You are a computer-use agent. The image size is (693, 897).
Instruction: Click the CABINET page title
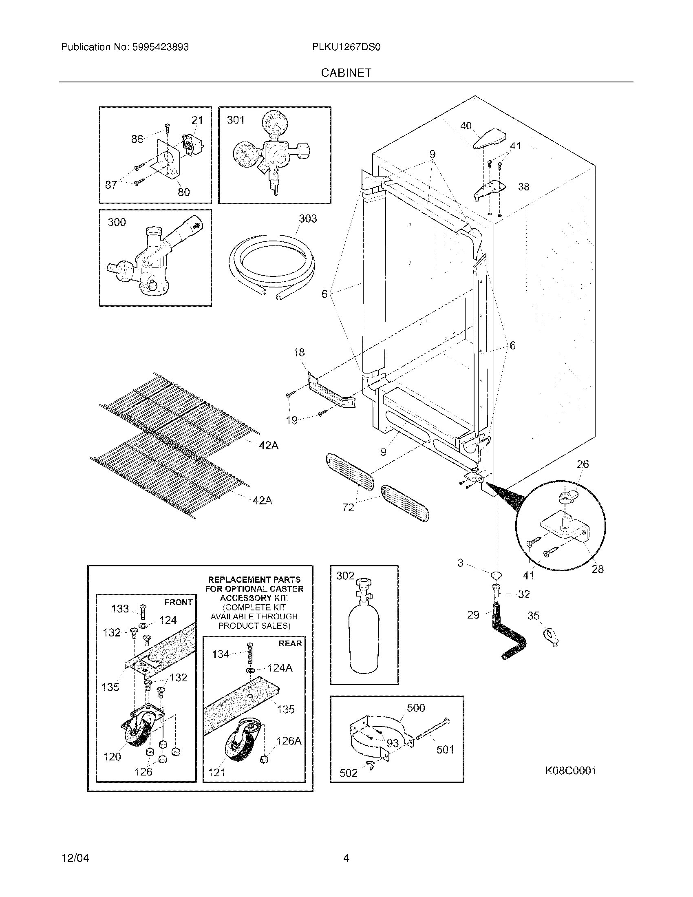click(x=346, y=73)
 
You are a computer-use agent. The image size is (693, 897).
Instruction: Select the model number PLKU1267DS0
click(x=346, y=47)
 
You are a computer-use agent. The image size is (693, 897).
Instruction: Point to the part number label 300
click(x=117, y=222)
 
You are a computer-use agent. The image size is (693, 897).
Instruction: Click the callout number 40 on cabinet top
click(x=466, y=126)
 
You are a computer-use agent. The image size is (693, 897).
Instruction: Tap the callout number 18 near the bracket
click(x=299, y=352)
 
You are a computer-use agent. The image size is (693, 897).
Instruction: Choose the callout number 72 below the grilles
click(x=348, y=508)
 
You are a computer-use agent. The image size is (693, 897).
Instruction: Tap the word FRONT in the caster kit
click(x=178, y=602)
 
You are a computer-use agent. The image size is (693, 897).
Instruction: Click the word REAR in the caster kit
click(x=290, y=643)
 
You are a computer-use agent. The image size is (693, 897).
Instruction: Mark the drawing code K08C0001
click(x=570, y=771)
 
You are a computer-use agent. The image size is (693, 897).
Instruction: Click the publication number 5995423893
click(x=160, y=47)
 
